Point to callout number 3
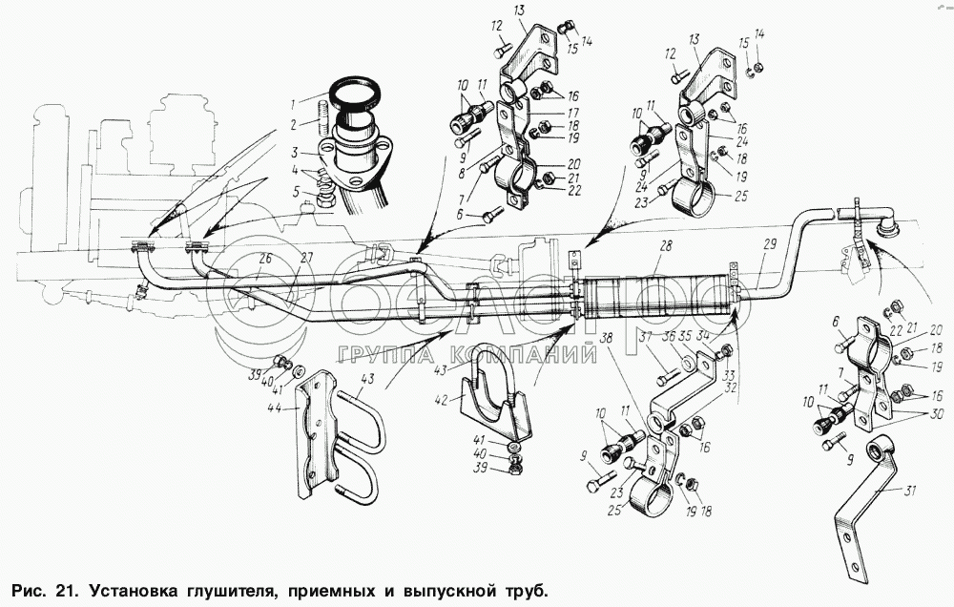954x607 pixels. [297, 153]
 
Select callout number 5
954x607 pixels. [297, 192]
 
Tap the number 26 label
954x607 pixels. [265, 258]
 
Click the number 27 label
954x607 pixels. [305, 258]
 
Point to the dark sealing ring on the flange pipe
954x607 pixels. [355, 95]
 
